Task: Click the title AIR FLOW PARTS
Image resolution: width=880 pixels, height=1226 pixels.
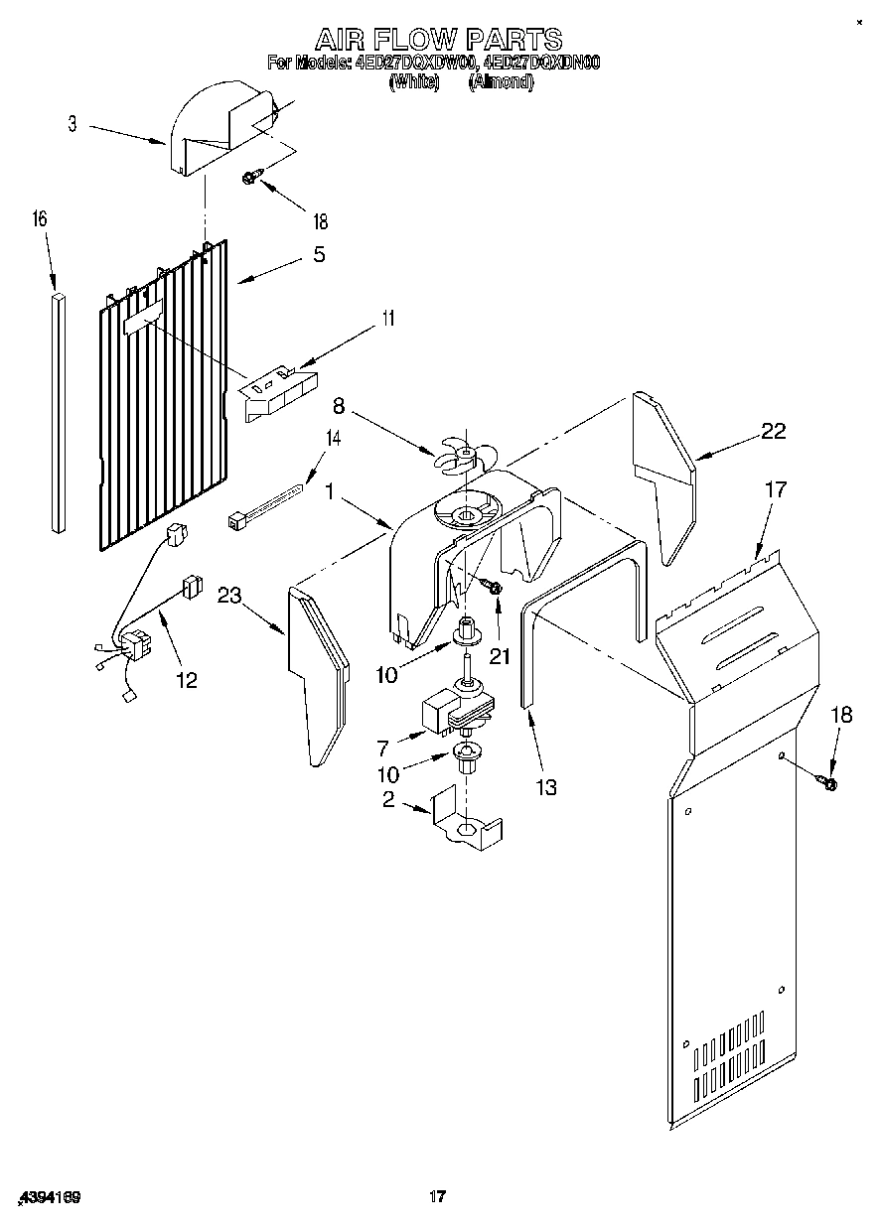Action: (x=438, y=40)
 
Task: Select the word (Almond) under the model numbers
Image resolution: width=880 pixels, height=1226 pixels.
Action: (x=501, y=83)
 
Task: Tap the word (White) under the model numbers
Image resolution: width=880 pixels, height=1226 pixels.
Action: (x=414, y=83)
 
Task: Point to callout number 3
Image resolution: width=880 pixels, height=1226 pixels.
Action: (x=73, y=124)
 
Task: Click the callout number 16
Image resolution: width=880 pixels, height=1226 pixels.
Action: (x=41, y=218)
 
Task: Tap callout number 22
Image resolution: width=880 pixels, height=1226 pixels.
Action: (x=773, y=431)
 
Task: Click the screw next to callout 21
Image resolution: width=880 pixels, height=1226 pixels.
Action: (x=493, y=589)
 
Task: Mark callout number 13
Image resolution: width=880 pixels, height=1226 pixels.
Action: (x=545, y=787)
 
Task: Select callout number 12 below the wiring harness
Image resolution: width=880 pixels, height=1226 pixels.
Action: (x=186, y=680)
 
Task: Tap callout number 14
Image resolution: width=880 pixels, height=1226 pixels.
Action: (x=333, y=438)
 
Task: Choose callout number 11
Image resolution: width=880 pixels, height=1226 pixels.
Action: (x=388, y=319)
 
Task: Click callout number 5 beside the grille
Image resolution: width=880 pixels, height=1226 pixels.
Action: (x=319, y=254)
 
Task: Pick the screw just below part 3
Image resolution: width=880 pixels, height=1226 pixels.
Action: (x=252, y=179)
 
